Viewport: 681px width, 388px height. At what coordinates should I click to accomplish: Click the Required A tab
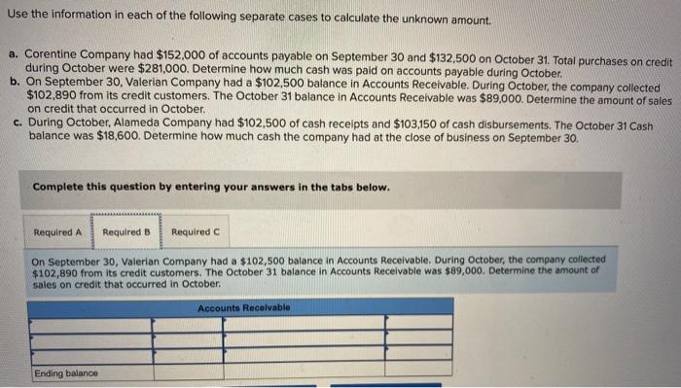(x=57, y=232)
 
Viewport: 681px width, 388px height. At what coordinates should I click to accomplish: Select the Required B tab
(x=126, y=232)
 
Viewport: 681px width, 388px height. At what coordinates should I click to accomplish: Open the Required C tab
(x=195, y=232)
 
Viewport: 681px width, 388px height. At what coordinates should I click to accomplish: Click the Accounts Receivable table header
(x=243, y=307)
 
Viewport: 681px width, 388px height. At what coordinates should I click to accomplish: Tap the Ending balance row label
(x=66, y=373)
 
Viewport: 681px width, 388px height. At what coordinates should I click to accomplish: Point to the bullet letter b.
(x=15, y=84)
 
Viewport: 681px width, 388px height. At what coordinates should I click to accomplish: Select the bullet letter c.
(x=15, y=124)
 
